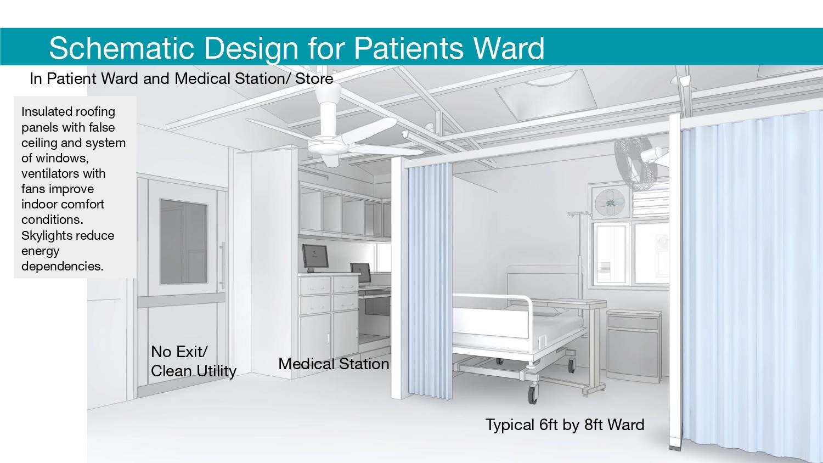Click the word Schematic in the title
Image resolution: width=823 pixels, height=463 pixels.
point(121,48)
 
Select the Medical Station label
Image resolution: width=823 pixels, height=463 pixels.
point(334,364)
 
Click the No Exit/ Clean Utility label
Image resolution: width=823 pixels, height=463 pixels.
point(194,361)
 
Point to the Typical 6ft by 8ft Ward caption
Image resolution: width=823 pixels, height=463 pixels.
point(565,425)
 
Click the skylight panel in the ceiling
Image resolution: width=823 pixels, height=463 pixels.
point(545,95)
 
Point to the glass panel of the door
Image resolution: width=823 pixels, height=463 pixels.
point(184,242)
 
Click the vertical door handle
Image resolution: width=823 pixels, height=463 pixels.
point(222,266)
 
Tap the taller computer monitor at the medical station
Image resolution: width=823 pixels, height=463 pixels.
point(315,257)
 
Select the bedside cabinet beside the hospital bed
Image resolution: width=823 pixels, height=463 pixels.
point(633,346)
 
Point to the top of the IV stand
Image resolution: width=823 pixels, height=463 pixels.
point(579,214)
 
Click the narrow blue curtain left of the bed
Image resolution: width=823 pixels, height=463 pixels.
point(430,281)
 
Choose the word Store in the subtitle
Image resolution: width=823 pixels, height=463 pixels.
point(314,78)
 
